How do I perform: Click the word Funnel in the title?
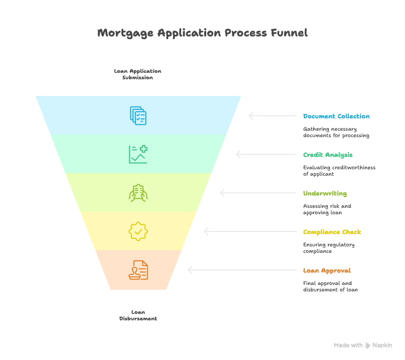[x=289, y=33]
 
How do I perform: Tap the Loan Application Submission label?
[x=138, y=74]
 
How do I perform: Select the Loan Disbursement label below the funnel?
[x=138, y=316]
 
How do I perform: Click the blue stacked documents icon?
[x=138, y=116]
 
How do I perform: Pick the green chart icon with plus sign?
[x=138, y=154]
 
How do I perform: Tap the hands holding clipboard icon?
[x=138, y=193]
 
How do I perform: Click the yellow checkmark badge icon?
[x=138, y=231]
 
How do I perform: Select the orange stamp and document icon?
[x=138, y=270]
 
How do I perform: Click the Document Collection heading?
[x=336, y=116]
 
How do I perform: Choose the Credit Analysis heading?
[x=328, y=155]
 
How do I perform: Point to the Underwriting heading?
[x=325, y=193]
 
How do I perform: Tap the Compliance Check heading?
[x=332, y=232]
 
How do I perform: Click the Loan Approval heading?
[x=327, y=271]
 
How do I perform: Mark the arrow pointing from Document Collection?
[x=273, y=116]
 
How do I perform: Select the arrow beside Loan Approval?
[x=242, y=270]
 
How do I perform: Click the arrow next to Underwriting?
[x=258, y=193]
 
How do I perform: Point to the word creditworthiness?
[x=354, y=167]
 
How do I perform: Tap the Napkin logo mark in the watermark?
[x=367, y=346]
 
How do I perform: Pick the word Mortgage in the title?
[x=125, y=33]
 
